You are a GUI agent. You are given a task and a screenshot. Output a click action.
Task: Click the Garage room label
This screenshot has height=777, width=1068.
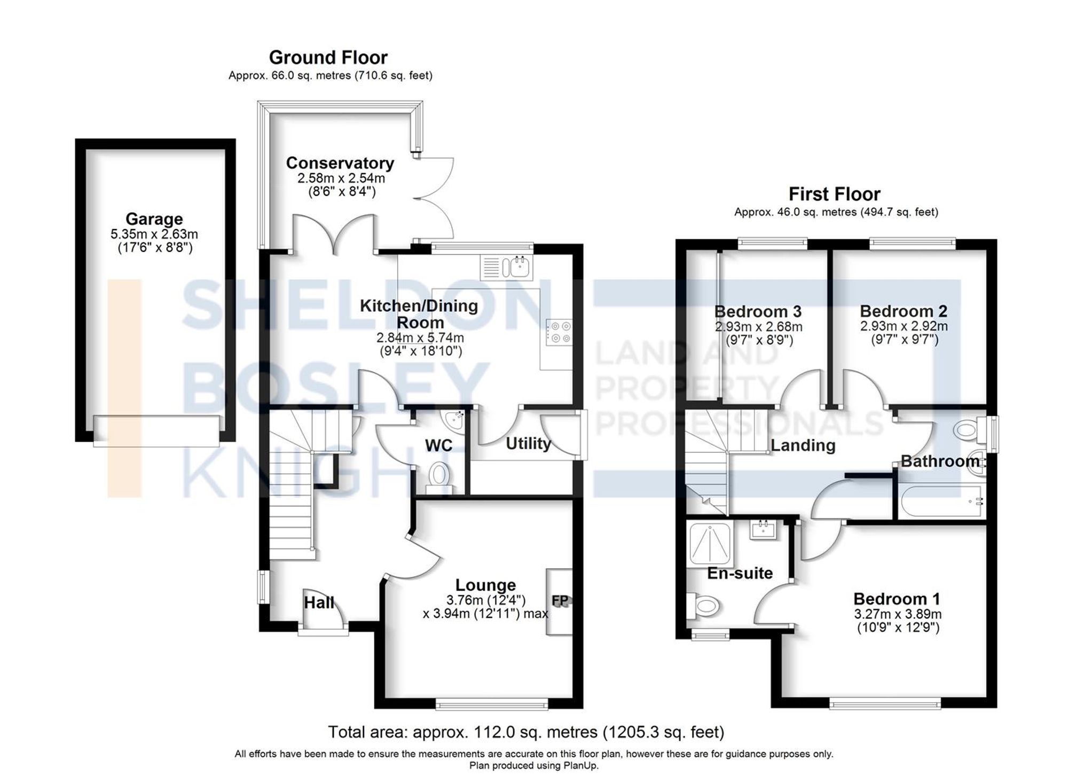[x=154, y=219]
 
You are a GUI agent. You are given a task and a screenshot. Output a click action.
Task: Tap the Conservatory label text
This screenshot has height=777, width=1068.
[x=340, y=163]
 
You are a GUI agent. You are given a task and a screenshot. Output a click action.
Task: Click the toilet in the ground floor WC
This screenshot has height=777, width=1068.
[x=439, y=475]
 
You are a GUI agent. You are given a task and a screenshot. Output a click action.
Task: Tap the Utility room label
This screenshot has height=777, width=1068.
[x=528, y=443]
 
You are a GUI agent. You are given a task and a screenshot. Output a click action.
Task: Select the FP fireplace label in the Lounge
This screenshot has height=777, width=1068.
[x=560, y=601]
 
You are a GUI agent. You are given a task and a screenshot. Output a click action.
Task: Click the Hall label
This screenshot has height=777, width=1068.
[x=319, y=603]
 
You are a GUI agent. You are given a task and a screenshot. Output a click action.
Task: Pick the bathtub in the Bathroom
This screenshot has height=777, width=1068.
[x=941, y=501]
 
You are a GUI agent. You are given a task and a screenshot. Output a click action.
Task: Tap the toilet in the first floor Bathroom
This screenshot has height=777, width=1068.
[x=969, y=429]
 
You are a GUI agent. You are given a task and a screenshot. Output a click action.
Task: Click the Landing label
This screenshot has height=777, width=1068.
[x=803, y=445]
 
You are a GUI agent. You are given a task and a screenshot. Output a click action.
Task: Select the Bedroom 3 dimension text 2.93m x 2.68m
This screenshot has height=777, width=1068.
[x=758, y=326]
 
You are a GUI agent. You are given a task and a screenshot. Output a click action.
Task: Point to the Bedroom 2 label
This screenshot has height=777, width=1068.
[x=904, y=311]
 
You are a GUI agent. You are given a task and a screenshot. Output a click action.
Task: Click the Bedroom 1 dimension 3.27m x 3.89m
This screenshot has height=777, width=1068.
[x=897, y=614]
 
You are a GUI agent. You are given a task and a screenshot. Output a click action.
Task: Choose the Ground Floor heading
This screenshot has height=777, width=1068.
[x=328, y=57]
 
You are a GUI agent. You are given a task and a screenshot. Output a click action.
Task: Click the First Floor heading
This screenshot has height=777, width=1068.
[x=834, y=193]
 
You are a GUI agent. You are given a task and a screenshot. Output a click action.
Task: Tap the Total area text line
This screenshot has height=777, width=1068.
[x=526, y=732]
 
